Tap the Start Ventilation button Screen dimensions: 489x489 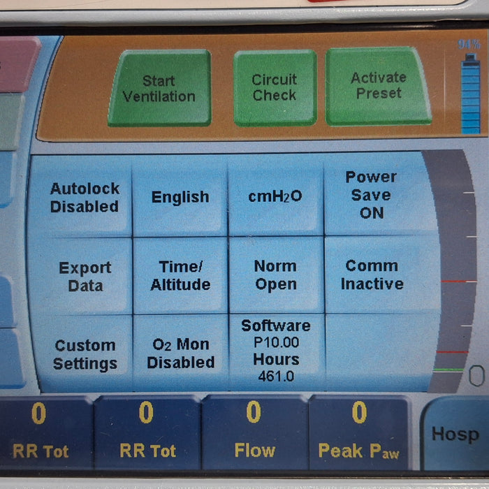(160, 88)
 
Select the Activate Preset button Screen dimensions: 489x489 (379, 87)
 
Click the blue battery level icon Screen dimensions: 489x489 (471, 94)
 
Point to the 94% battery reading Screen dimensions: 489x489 (469, 45)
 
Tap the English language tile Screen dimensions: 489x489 (180, 197)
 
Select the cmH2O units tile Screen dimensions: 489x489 (275, 196)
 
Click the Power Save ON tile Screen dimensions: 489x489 (374, 195)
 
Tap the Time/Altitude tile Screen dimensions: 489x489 (180, 276)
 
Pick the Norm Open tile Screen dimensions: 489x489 (276, 275)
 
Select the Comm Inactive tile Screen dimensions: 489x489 (374, 275)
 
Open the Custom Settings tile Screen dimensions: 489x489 (85, 354)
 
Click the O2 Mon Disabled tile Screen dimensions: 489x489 (181, 353)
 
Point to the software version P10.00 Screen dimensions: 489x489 (277, 342)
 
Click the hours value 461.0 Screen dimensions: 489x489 (277, 377)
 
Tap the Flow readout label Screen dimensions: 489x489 (255, 451)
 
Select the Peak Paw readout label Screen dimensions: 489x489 (358, 451)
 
